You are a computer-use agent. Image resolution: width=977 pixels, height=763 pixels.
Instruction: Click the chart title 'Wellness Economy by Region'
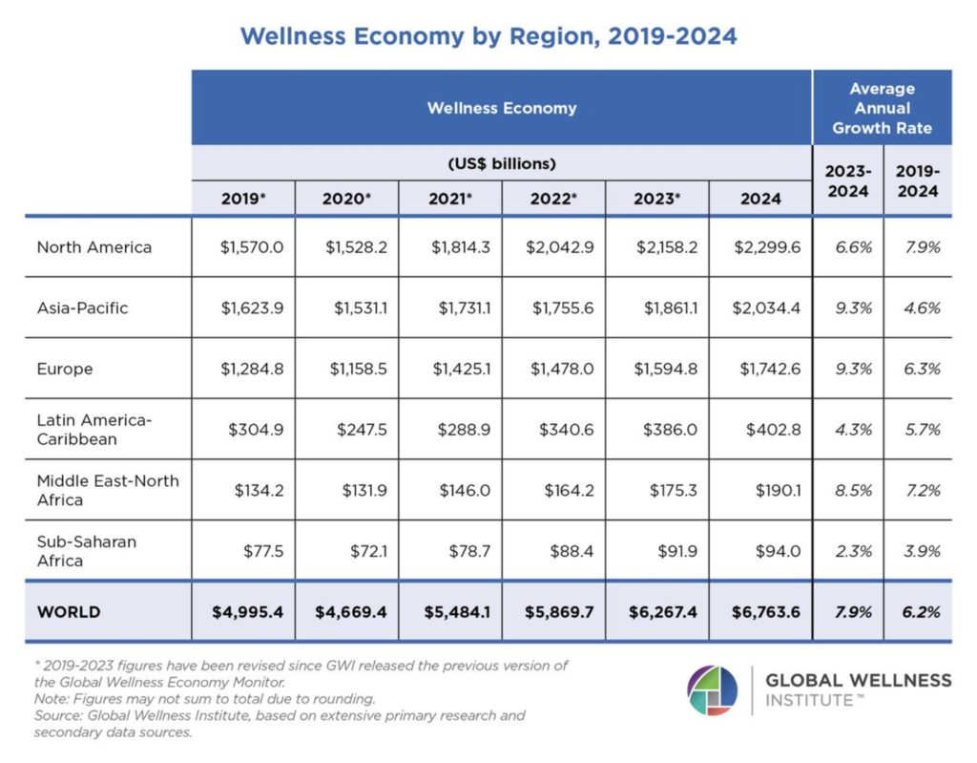point(488,36)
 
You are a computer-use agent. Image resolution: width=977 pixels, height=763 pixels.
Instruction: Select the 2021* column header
point(450,199)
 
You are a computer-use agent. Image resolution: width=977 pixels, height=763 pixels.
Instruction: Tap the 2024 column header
point(759,199)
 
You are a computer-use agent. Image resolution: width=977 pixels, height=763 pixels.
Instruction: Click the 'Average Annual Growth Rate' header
point(882,108)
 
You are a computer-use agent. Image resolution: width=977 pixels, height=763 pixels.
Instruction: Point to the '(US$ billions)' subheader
point(502,163)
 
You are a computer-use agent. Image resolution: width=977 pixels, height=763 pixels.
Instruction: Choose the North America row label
point(94,247)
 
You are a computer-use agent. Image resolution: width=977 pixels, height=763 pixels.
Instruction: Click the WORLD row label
point(69,612)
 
